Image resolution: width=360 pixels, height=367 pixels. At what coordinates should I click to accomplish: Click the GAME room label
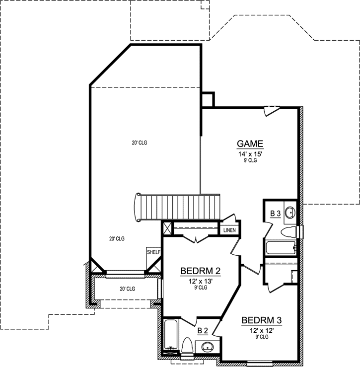pos(250,144)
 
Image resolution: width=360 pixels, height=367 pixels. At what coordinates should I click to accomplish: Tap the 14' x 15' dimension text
pos(250,154)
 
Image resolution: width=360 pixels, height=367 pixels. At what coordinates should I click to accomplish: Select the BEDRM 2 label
pos(200,271)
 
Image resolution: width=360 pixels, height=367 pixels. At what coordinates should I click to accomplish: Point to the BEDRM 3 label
pos(262,320)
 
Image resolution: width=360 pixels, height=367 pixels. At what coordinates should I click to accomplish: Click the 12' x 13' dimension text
pos(200,281)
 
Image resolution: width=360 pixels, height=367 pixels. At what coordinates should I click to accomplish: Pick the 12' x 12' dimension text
pos(262,330)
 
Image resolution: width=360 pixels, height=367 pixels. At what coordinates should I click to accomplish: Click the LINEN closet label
pos(229,230)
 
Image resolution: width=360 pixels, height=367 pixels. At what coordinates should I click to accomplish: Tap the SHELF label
pos(153,252)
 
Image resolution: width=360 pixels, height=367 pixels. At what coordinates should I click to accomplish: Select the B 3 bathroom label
pos(276,214)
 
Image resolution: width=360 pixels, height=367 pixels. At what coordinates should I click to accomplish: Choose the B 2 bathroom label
pos(203,330)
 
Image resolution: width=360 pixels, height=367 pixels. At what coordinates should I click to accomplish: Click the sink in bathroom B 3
pos(290,213)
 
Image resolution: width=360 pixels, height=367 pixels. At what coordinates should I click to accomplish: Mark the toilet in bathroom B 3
pos(289,232)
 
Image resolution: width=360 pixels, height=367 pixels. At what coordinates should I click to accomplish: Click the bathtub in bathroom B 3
pos(281,247)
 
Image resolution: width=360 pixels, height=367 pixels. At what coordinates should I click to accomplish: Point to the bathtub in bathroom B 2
pos(170,335)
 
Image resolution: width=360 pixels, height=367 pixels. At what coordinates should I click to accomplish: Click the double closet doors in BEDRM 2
pos(197,240)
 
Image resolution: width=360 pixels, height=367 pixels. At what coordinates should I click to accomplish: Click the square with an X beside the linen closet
pos(167,228)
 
